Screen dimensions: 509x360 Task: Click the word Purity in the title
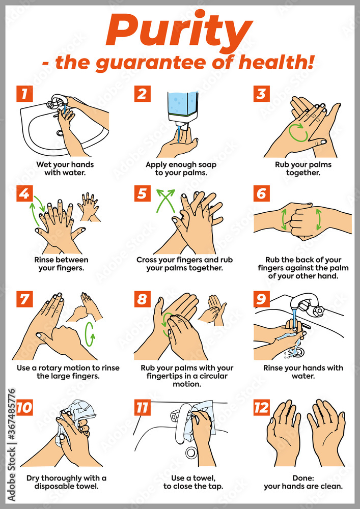[179, 31]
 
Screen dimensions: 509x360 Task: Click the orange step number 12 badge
[262, 407]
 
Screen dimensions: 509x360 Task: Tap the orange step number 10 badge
[24, 407]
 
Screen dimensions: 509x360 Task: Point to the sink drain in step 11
[191, 452]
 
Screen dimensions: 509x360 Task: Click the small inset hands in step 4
[90, 207]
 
